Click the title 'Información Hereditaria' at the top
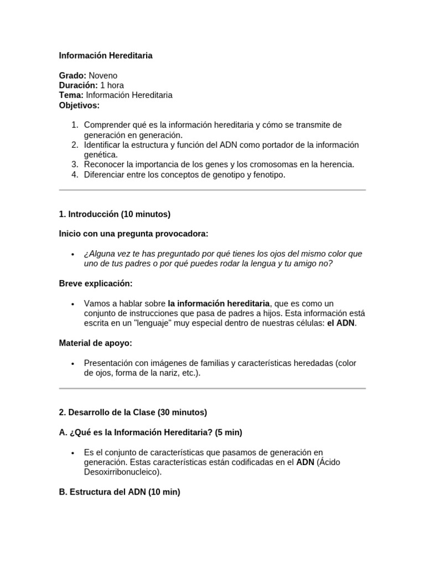click(x=106, y=55)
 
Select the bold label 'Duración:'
click(x=78, y=85)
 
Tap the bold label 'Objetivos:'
click(x=79, y=105)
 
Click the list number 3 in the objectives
click(x=74, y=164)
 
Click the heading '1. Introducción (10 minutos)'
click(x=115, y=214)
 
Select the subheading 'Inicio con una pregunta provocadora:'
click(x=133, y=234)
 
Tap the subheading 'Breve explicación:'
click(x=96, y=283)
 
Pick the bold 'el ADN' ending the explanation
click(x=341, y=323)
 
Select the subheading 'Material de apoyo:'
click(x=95, y=343)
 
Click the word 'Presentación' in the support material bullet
click(x=108, y=363)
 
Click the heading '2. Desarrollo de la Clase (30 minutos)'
click(x=133, y=413)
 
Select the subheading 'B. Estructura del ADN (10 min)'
click(x=120, y=492)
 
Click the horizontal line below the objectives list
click(x=212, y=190)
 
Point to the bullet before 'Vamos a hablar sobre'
click(x=73, y=304)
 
